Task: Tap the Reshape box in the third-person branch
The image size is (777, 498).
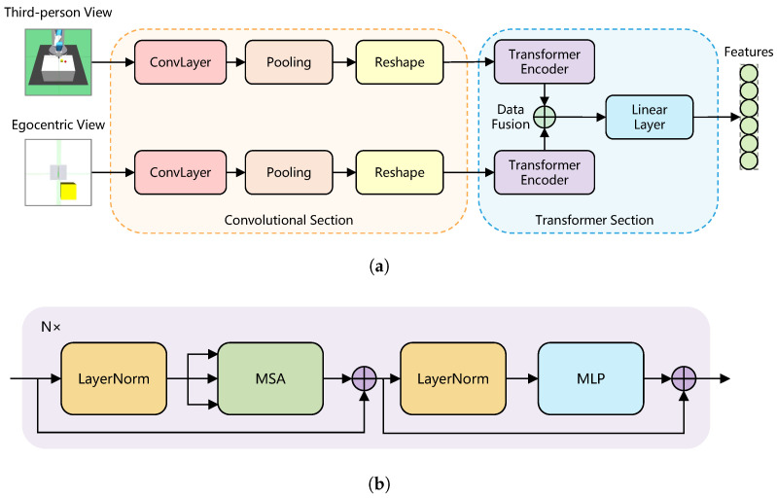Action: tap(399, 62)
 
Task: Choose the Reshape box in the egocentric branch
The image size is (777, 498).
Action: tap(399, 173)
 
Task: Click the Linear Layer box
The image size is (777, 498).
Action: tap(649, 118)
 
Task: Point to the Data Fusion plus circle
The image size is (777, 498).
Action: tap(547, 118)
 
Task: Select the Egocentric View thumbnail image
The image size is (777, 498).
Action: tap(58, 173)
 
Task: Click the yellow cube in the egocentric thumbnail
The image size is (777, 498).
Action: tap(69, 190)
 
